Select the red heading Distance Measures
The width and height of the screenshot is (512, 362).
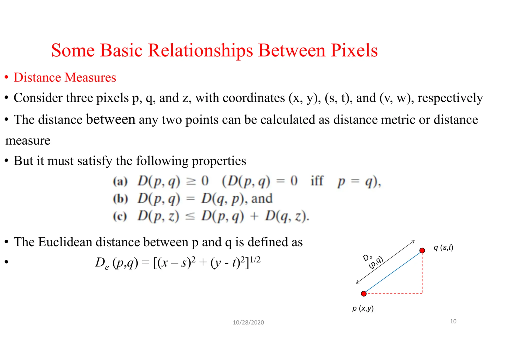(x=65, y=77)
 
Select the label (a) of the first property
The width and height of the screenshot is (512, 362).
(x=120, y=181)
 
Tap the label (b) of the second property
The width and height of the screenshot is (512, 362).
(x=120, y=199)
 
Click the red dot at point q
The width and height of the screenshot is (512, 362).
(x=422, y=250)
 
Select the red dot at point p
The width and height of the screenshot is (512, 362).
(x=364, y=294)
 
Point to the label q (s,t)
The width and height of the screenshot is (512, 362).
(x=443, y=248)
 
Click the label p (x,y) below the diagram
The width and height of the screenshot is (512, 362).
(x=363, y=309)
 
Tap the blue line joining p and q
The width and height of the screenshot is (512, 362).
(x=393, y=272)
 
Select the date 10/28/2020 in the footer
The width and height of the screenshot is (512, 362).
(x=248, y=322)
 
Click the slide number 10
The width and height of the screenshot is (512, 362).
(x=453, y=321)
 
